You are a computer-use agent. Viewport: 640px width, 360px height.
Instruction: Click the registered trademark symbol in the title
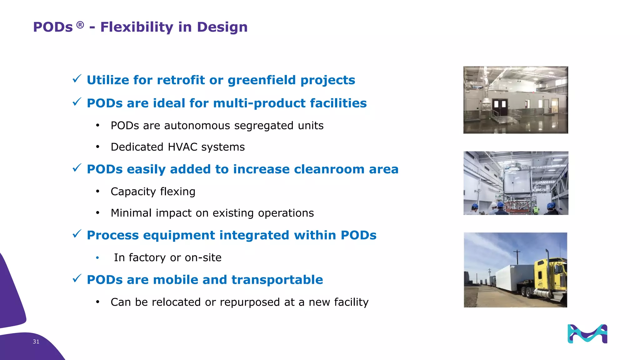tap(80, 25)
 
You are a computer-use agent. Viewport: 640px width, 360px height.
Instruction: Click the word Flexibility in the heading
tap(137, 27)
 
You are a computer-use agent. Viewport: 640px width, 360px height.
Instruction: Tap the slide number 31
tap(36, 342)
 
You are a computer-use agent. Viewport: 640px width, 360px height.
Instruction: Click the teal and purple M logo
tap(587, 334)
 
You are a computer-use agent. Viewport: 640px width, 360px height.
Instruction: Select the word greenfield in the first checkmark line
tap(262, 80)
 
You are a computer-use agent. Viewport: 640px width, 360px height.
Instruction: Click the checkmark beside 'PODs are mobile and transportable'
tap(77, 278)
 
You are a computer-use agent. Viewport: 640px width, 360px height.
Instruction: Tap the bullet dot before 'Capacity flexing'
tap(97, 191)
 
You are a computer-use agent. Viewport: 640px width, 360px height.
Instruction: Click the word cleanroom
tap(329, 169)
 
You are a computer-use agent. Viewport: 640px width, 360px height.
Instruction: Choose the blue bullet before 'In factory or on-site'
tap(97, 257)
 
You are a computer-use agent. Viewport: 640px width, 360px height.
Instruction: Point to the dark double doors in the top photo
tap(499, 105)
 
